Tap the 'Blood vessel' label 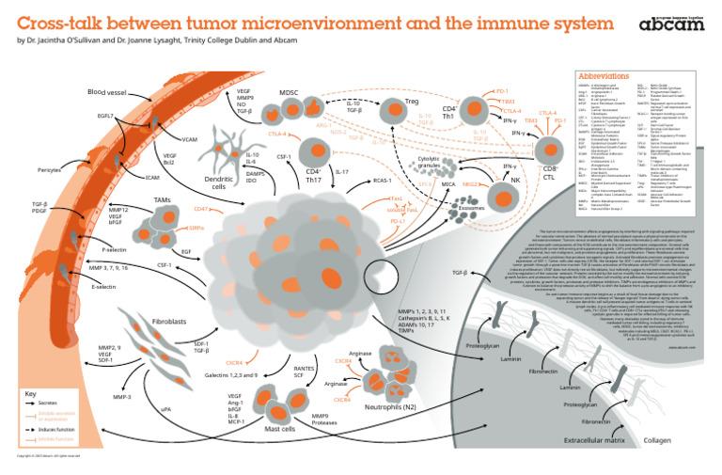coord(109,92)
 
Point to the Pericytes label coord(50,170)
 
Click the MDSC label coord(290,92)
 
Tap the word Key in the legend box coord(31,393)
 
